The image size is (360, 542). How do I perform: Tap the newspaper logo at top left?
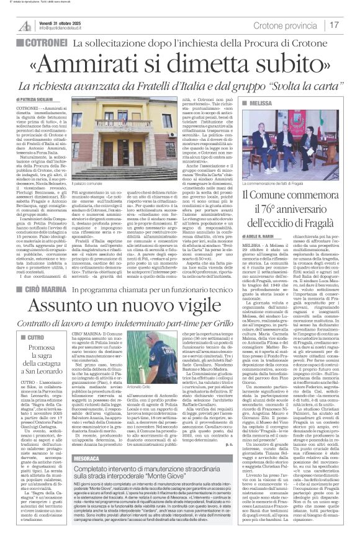pos(25,25)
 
